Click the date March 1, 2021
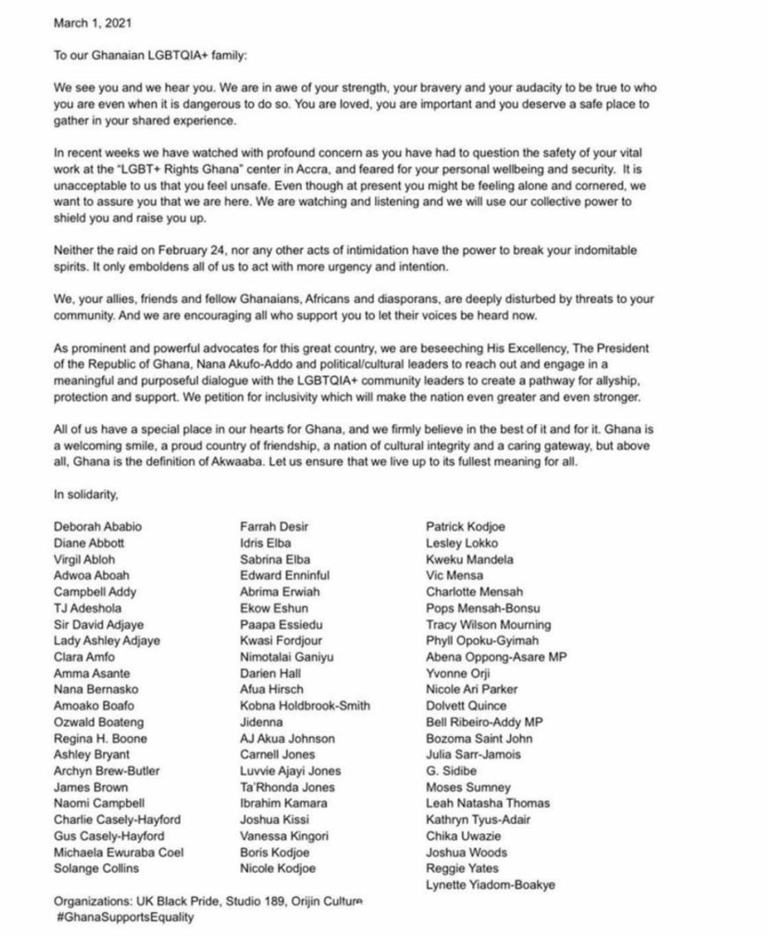click(93, 23)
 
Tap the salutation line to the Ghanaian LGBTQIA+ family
click(150, 55)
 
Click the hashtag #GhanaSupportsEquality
click(125, 917)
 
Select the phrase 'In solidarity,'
click(86, 494)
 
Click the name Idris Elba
click(265, 543)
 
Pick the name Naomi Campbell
click(99, 803)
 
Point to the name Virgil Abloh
click(84, 559)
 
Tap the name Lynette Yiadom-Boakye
click(490, 885)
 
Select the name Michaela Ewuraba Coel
click(119, 852)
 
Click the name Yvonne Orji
click(457, 673)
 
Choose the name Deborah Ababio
click(97, 526)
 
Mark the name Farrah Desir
click(274, 526)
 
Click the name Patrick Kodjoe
click(465, 526)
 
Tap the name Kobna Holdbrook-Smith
click(304, 705)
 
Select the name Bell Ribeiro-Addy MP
click(484, 722)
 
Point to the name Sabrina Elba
click(275, 559)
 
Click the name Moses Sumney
click(468, 787)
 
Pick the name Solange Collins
click(96, 868)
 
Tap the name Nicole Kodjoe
click(278, 868)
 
